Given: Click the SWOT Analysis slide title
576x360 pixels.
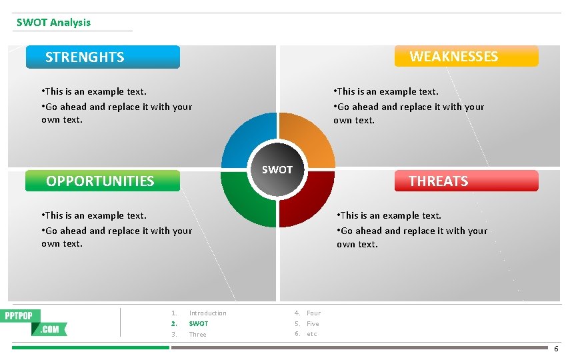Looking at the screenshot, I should tap(53, 23).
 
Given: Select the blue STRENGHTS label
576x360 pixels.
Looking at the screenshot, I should tap(103, 57).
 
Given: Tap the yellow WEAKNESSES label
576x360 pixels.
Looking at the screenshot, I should tap(466, 57).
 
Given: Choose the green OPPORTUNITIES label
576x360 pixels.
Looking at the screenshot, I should tap(103, 181).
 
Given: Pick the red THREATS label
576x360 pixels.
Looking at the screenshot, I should tap(466, 181).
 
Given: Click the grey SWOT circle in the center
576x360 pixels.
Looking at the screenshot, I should tap(277, 170).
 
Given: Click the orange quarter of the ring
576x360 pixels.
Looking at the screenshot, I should tap(310, 137).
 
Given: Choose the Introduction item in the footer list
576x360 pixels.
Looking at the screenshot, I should tap(207, 313).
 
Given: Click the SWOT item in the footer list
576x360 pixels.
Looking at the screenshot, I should tap(198, 324).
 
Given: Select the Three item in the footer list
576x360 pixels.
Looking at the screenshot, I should tap(197, 335).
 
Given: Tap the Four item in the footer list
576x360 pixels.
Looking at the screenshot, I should tap(313, 313).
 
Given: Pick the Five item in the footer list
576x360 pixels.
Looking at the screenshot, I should tap(313, 324).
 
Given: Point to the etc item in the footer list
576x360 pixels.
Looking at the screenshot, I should tap(311, 334).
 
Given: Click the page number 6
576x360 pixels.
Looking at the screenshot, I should tap(557, 349).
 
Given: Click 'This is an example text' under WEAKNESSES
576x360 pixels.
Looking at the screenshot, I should tap(387, 92).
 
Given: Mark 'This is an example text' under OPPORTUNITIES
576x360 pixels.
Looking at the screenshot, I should tap(95, 215).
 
